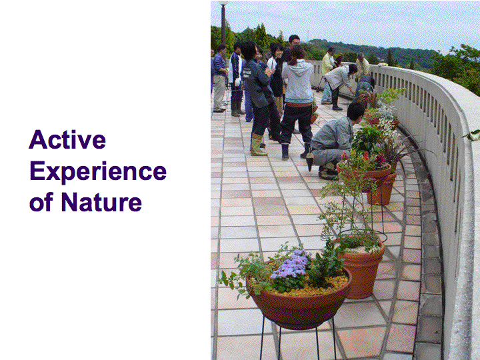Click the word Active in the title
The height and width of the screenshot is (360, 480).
pos(67,139)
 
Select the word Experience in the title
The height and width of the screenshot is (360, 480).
pos(98,172)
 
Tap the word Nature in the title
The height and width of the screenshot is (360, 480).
pos(101,202)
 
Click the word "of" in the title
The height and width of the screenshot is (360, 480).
pos(41,202)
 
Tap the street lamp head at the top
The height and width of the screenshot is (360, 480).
pos(223,3)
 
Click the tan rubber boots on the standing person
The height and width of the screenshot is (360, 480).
pos(258,144)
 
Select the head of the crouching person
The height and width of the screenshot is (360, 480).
pos(356,111)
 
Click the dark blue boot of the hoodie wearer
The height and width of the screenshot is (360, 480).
pos(285,152)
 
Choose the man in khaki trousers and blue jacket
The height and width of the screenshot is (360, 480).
pos(219,79)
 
